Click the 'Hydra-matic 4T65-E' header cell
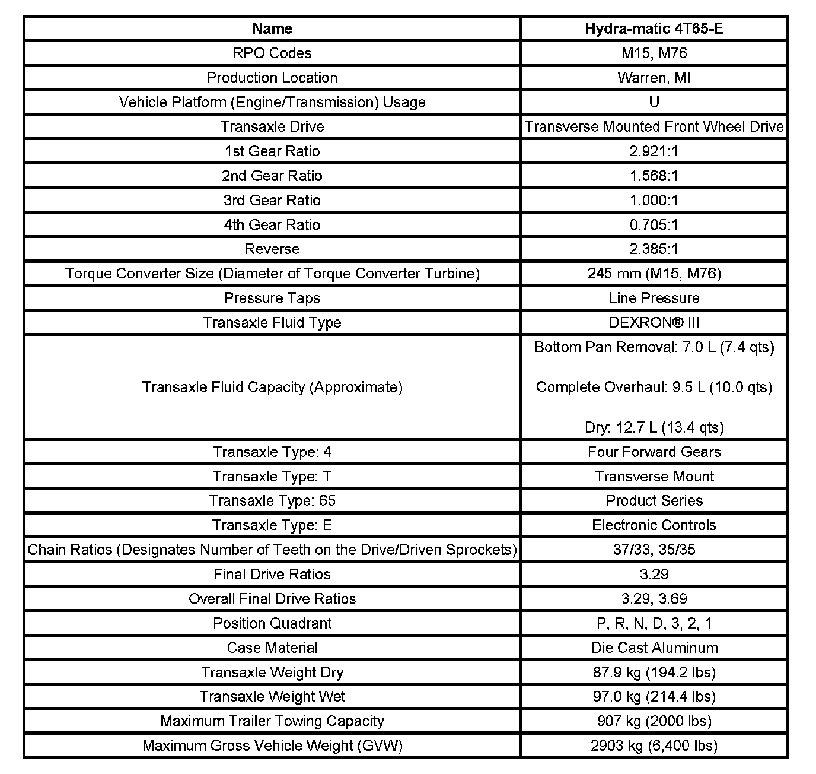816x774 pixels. pyautogui.click(x=654, y=28)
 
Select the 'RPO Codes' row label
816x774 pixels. pyautogui.click(x=272, y=53)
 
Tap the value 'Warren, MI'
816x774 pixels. pyautogui.click(x=654, y=77)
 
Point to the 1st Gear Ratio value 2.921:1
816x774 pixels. pyautogui.click(x=654, y=151)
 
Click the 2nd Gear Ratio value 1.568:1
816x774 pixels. pyautogui.click(x=654, y=176)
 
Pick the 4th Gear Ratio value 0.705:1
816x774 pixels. pyautogui.click(x=654, y=224)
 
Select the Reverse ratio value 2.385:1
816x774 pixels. pyautogui.click(x=654, y=249)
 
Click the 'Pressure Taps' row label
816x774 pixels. pyautogui.click(x=272, y=298)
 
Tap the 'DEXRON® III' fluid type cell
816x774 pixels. pyautogui.click(x=654, y=322)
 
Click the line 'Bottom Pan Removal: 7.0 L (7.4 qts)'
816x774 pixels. pyautogui.click(x=654, y=347)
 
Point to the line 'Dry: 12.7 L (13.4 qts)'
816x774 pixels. pyautogui.click(x=654, y=427)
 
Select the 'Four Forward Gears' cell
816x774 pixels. pyautogui.click(x=654, y=452)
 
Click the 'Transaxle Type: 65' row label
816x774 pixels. pyautogui.click(x=272, y=500)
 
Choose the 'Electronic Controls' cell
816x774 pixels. pyautogui.click(x=654, y=525)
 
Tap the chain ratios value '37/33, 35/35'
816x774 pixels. pyautogui.click(x=654, y=550)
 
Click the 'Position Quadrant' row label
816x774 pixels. pyautogui.click(x=272, y=623)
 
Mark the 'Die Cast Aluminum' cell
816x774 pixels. pyautogui.click(x=654, y=648)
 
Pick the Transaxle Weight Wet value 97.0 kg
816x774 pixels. pyautogui.click(x=654, y=696)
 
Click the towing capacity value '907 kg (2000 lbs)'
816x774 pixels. pyautogui.click(x=654, y=721)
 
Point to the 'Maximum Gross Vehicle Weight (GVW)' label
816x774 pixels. pyautogui.click(x=272, y=746)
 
